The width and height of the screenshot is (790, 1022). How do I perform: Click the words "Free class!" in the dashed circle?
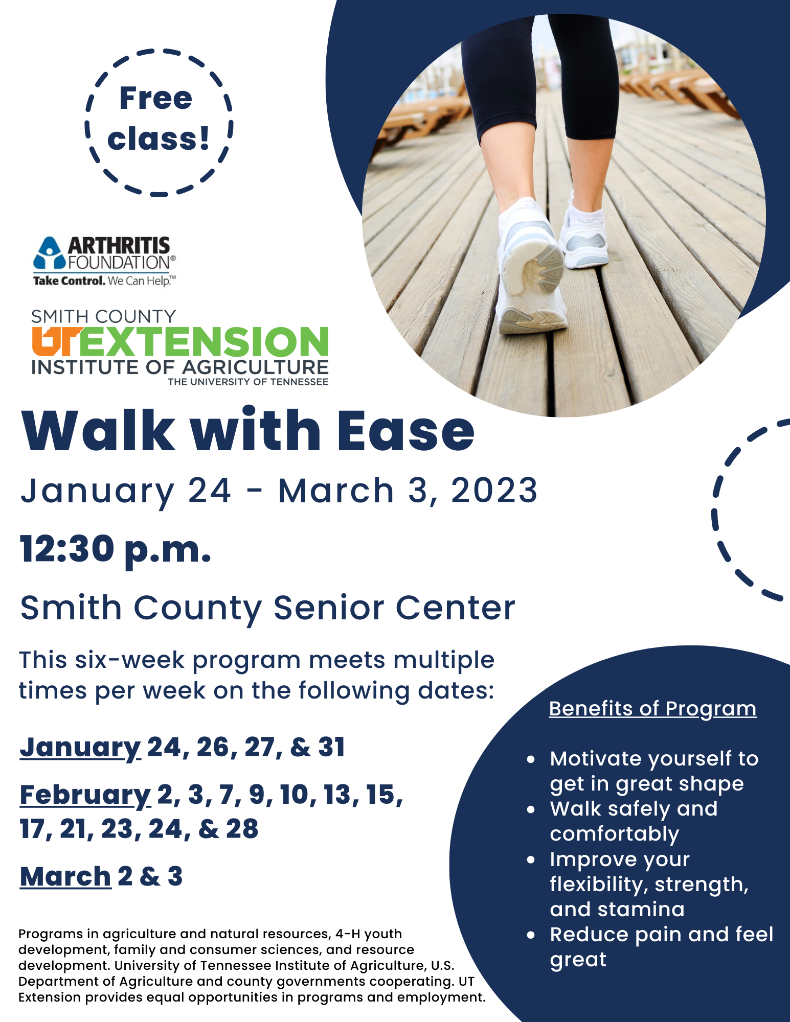click(158, 119)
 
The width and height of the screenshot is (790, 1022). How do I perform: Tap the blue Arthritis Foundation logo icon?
click(50, 253)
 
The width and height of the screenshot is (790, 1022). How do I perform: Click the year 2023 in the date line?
click(494, 490)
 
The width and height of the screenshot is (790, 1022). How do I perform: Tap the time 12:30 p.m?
click(116, 549)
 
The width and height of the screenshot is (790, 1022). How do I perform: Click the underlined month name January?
click(80, 747)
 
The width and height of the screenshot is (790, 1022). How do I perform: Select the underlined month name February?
click(85, 795)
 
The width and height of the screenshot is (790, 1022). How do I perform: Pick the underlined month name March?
click(65, 876)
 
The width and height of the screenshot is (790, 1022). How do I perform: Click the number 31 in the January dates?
click(331, 747)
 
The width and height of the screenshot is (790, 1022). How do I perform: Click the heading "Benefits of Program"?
click(652, 709)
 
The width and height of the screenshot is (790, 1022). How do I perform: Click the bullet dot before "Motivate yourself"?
click(531, 759)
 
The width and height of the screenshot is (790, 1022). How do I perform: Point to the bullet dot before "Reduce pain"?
click(531, 935)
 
